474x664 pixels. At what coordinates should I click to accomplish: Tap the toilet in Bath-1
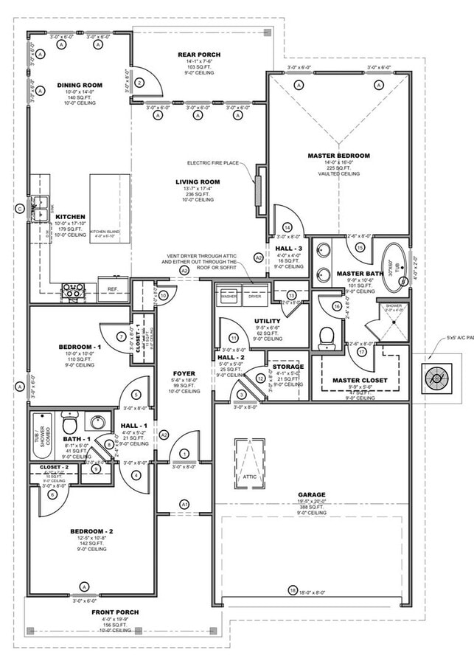click(x=70, y=425)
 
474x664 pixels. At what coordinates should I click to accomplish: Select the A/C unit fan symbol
click(x=436, y=378)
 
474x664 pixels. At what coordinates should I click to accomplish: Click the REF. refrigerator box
click(x=114, y=289)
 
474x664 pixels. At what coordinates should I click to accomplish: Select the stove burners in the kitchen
click(x=74, y=290)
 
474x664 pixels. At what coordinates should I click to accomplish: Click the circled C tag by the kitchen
click(x=20, y=209)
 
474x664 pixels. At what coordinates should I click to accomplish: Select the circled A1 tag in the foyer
click(x=184, y=504)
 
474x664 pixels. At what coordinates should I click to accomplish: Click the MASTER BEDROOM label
click(x=338, y=156)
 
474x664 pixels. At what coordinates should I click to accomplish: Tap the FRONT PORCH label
click(x=114, y=612)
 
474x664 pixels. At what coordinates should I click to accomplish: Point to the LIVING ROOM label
click(x=198, y=181)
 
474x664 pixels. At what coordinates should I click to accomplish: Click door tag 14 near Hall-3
click(x=287, y=226)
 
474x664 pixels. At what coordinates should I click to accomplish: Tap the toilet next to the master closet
click(x=327, y=337)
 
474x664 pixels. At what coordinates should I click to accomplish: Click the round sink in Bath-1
click(x=97, y=423)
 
